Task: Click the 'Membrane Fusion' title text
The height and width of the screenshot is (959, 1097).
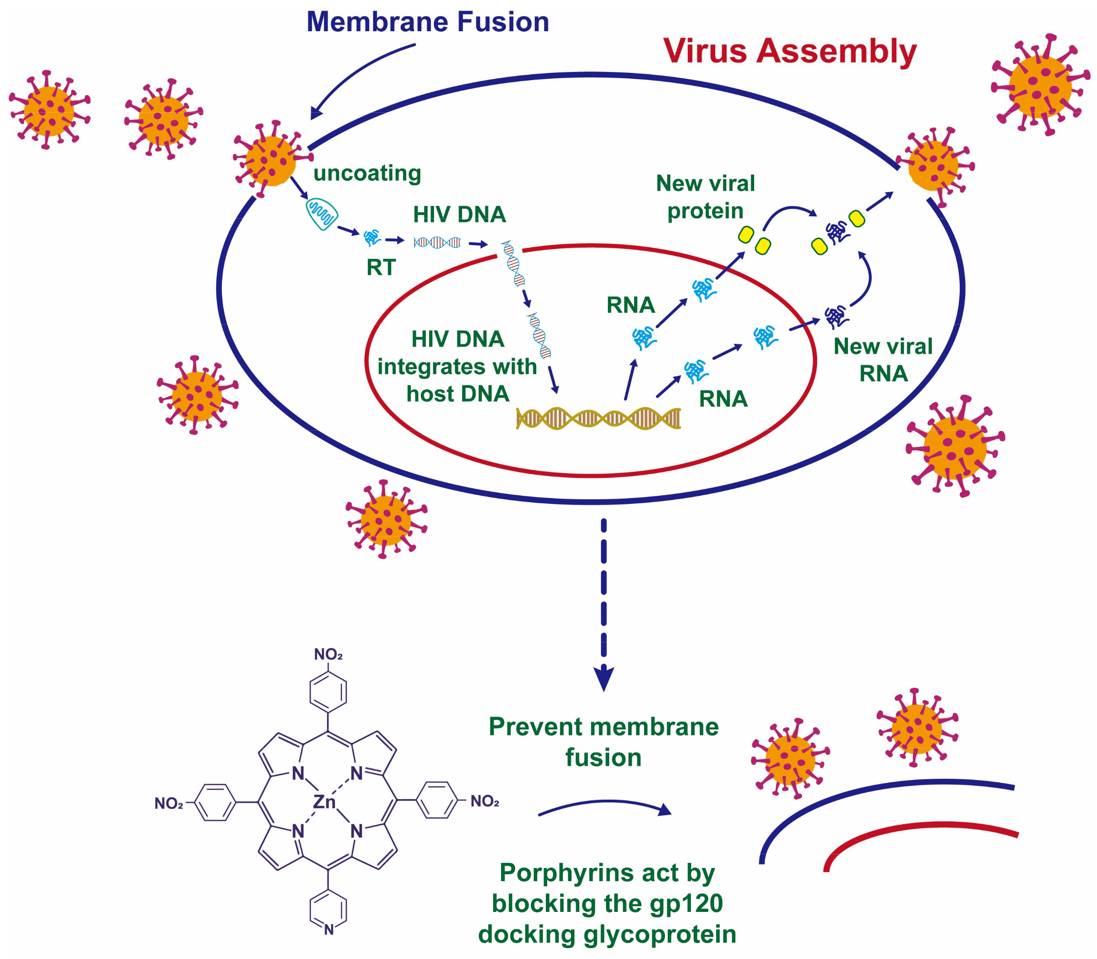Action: pyautogui.click(x=427, y=23)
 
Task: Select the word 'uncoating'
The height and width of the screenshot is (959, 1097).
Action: pyautogui.click(x=367, y=173)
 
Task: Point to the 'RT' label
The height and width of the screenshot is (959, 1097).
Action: pyautogui.click(x=380, y=267)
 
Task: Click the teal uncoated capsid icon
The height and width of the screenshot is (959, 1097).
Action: pyautogui.click(x=321, y=214)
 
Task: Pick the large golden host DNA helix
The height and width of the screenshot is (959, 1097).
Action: pyautogui.click(x=598, y=418)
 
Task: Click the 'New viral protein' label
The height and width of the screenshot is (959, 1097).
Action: pyautogui.click(x=705, y=197)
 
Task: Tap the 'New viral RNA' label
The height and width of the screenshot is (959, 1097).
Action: pyautogui.click(x=883, y=360)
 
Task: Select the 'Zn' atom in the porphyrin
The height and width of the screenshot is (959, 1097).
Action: pyautogui.click(x=324, y=802)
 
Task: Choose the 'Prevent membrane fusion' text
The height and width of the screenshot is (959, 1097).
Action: pyautogui.click(x=603, y=742)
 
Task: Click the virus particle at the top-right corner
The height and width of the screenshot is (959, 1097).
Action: pyautogui.click(x=1040, y=86)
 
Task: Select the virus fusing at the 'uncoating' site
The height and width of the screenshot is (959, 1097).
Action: pyautogui.click(x=271, y=160)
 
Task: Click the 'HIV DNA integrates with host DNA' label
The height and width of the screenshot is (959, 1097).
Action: pyautogui.click(x=457, y=367)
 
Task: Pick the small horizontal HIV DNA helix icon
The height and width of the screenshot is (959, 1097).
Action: pyautogui.click(x=437, y=242)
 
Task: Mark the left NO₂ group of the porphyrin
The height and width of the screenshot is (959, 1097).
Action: pyautogui.click(x=168, y=803)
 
